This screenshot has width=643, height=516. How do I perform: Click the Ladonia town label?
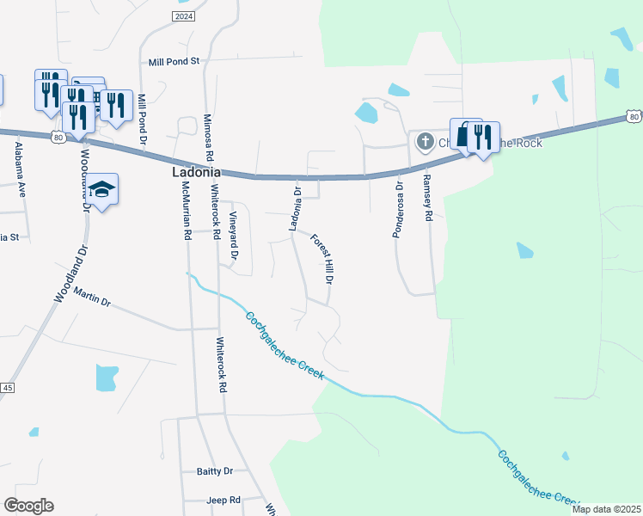[x=193, y=172]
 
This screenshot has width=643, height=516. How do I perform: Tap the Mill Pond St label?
[x=174, y=62]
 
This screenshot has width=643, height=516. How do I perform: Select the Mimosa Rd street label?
[x=208, y=138]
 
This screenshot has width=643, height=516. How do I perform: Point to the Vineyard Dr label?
[x=233, y=236]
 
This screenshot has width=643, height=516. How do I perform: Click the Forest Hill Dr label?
[x=321, y=260]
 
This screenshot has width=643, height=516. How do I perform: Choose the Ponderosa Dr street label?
[x=398, y=212]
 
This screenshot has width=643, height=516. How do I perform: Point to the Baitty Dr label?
[x=215, y=471]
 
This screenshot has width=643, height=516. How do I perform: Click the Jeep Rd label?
[x=224, y=500]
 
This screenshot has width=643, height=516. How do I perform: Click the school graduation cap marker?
[x=101, y=190]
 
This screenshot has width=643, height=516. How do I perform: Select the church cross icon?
[x=424, y=142]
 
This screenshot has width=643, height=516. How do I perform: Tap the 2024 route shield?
[x=183, y=16]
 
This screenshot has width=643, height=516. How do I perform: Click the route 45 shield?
[x=8, y=388]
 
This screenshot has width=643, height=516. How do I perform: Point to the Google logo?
[x=28, y=506]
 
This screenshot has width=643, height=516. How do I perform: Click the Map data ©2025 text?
[x=606, y=509]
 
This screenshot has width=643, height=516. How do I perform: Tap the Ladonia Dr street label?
[x=295, y=209]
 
